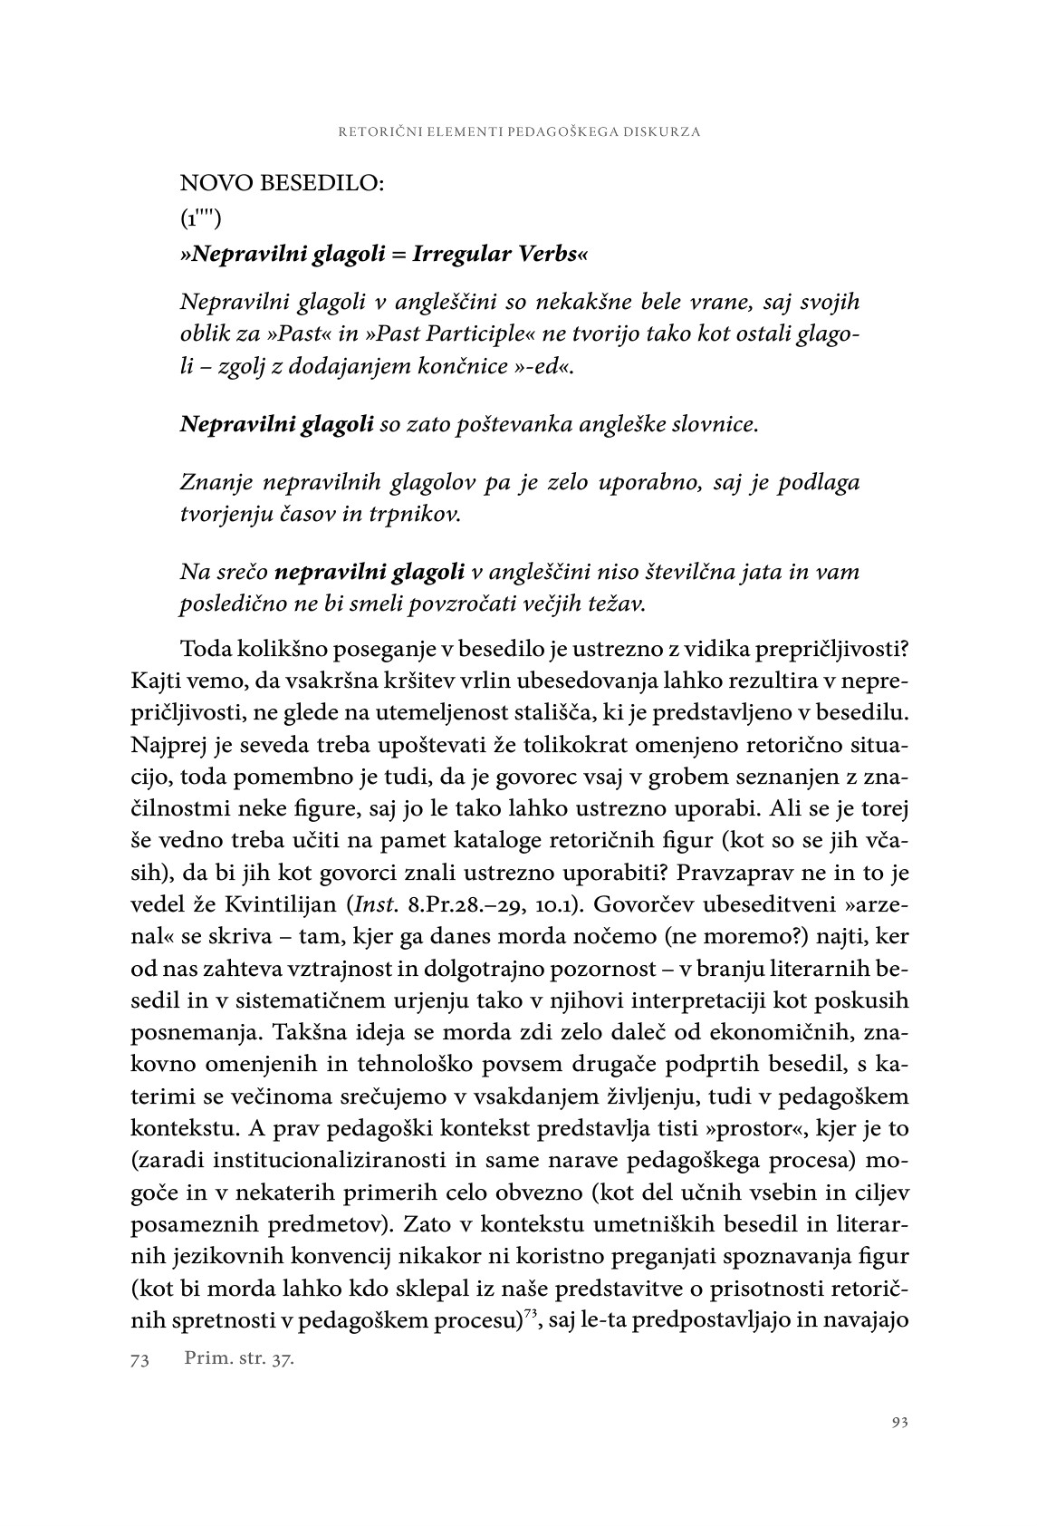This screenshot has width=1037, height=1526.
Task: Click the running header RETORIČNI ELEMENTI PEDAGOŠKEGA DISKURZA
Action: (x=519, y=131)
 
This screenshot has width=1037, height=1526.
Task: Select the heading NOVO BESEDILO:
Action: (x=283, y=183)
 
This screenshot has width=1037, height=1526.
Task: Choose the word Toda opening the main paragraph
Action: (x=206, y=652)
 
